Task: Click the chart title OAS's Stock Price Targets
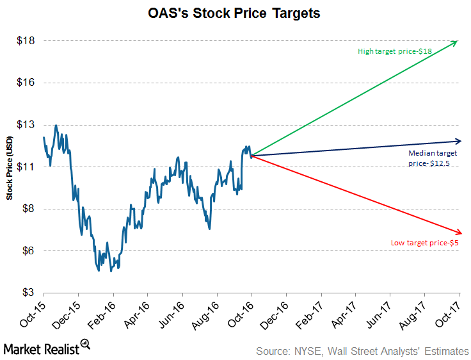pos(235,13)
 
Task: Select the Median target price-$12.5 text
pos(433,159)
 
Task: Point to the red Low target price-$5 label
pos(425,243)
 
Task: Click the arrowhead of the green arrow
pos(456,42)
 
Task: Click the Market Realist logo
pos(45,348)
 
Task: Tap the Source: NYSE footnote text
pos(362,350)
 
